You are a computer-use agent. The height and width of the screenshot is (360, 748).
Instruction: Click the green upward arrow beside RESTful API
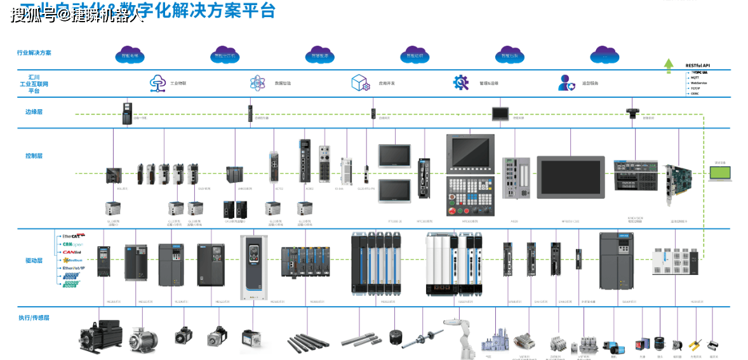tap(668, 65)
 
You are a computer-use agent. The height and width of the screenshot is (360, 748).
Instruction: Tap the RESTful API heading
tap(698, 66)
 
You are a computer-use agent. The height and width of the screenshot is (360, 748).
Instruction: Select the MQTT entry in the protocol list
tap(695, 77)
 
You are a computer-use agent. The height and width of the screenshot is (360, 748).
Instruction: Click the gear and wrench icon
tap(460, 83)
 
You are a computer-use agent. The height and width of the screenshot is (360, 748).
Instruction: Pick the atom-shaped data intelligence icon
tap(257, 83)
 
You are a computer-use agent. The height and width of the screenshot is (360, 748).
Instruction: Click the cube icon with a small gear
tap(360, 83)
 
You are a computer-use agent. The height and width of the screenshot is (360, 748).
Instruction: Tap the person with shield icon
tap(566, 83)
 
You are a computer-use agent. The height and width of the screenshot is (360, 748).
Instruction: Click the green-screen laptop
tap(719, 173)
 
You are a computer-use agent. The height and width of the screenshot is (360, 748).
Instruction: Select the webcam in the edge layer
tap(633, 112)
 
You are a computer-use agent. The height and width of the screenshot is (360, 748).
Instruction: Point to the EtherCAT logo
tap(70, 236)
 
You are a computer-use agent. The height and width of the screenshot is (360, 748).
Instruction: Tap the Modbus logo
tap(72, 260)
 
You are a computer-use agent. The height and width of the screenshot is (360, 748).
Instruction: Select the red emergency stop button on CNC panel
tap(453, 211)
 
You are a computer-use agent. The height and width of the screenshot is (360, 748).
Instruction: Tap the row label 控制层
tap(34, 156)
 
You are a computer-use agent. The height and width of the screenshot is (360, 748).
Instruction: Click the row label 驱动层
tap(34, 260)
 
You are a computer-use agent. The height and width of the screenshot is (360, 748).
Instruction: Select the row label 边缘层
tap(34, 112)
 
